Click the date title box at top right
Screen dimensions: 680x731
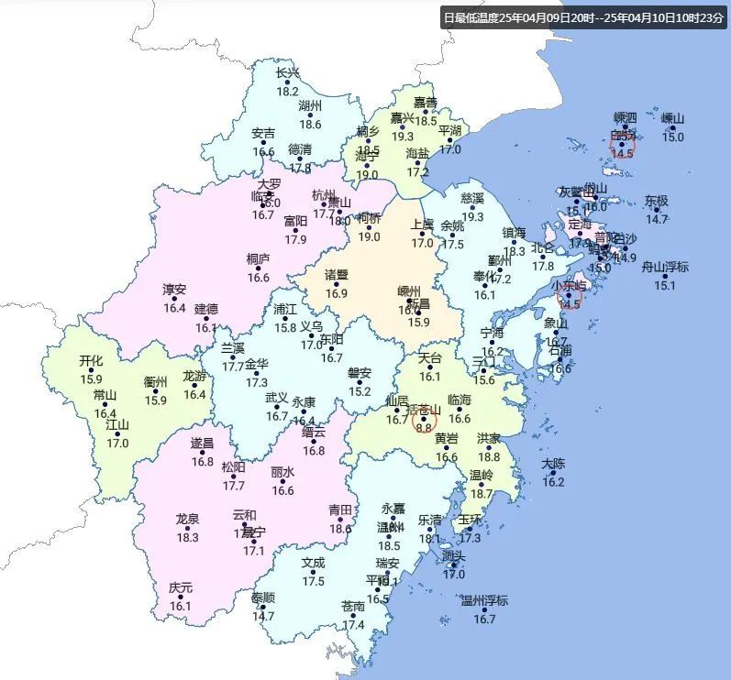tap(583, 17)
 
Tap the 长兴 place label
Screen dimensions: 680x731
tap(288, 73)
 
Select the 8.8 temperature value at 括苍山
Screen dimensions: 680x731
tap(424, 427)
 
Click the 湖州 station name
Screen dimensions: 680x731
tap(310, 106)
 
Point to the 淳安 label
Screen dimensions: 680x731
tap(174, 290)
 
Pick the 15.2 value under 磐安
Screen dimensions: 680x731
tap(360, 392)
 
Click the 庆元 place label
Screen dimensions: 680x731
tap(181, 587)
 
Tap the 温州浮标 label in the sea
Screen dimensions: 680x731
tap(484, 601)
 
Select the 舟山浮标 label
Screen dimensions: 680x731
tap(665, 268)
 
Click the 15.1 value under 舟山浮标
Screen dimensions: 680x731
tap(665, 285)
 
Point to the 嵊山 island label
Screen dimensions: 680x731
tap(673, 118)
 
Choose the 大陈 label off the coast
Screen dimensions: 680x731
tap(553, 464)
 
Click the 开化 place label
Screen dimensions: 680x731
tap(91, 361)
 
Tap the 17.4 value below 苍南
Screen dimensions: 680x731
tap(353, 625)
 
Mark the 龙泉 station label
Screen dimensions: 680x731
tap(187, 520)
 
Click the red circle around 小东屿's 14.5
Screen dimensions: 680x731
tap(570, 297)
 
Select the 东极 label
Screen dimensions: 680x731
tap(657, 201)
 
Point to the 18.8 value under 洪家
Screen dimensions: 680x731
tap(489, 456)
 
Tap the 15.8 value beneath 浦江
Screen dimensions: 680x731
tap(285, 327)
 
